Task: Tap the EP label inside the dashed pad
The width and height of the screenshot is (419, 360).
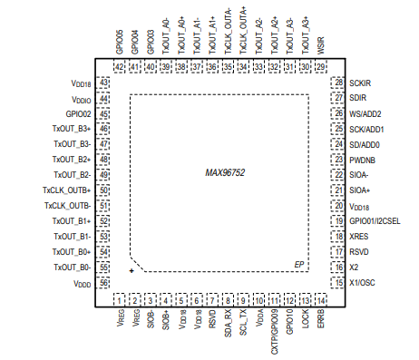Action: (297, 264)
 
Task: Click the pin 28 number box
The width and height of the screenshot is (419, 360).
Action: (337, 83)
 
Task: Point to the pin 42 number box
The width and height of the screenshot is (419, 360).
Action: (120, 66)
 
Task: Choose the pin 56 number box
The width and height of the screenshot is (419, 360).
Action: (103, 283)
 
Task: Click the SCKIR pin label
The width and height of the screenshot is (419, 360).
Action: (360, 83)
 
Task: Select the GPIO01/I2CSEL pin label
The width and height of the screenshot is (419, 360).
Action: (374, 221)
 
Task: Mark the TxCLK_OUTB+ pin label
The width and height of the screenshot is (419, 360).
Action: (66, 190)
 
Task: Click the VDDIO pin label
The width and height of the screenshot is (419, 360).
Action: (81, 98)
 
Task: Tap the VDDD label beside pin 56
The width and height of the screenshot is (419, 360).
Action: (82, 284)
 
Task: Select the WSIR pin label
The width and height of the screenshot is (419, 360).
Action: (320, 47)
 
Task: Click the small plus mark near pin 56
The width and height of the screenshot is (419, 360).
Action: (132, 270)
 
